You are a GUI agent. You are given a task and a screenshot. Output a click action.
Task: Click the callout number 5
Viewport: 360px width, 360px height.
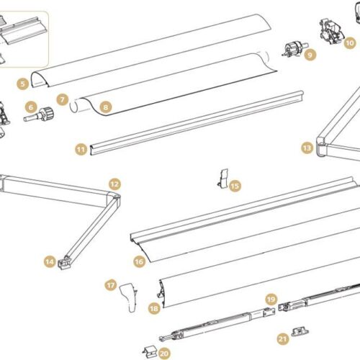[22, 84]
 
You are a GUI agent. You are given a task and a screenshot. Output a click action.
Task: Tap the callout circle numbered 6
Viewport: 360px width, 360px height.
[31, 107]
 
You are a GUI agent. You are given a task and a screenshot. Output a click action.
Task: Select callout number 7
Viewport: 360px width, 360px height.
[63, 99]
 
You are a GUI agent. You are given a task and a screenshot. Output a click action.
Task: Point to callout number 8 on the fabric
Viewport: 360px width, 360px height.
[106, 107]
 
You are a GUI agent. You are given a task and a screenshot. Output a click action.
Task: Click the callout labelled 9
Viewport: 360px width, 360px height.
[310, 55]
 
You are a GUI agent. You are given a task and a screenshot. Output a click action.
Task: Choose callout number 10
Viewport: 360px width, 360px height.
[350, 43]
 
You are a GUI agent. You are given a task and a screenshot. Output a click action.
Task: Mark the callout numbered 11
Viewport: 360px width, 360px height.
[81, 150]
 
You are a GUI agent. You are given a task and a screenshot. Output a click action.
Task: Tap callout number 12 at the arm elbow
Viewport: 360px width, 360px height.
[114, 184]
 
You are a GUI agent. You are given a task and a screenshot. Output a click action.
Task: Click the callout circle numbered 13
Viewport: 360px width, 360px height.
[307, 148]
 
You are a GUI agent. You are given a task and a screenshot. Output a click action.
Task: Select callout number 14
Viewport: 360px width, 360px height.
[50, 261]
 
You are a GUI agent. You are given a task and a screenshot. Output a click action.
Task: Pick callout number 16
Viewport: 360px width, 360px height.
[140, 261]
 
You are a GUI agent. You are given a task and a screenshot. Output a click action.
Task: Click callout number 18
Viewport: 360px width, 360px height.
[154, 308]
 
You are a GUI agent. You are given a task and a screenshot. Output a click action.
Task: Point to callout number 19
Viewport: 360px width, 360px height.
[271, 300]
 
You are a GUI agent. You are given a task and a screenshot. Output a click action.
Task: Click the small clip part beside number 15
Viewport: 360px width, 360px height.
[224, 178]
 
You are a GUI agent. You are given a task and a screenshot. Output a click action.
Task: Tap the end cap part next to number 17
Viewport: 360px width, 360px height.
[129, 297]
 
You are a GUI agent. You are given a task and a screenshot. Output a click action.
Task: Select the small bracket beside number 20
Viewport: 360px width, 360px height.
[150, 352]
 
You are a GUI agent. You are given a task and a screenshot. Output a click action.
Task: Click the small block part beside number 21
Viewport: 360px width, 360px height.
[300, 332]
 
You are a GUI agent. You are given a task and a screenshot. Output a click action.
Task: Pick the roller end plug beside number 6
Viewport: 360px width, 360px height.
[39, 114]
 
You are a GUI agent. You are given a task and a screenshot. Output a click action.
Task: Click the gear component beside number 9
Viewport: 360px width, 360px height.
[294, 50]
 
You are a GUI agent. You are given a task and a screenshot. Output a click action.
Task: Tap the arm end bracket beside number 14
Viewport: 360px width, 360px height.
[65, 263]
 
